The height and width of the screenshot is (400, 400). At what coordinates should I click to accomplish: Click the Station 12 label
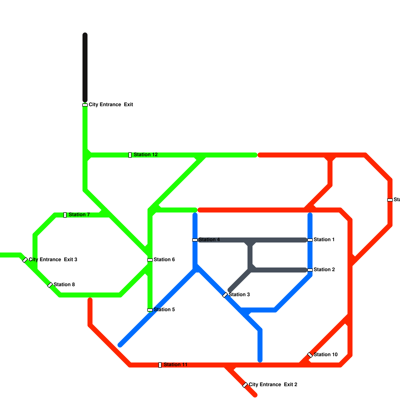coord(145,155)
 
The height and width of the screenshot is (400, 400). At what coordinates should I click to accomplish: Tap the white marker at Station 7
coord(65,215)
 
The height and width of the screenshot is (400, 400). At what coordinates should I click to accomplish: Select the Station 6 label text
coord(164,260)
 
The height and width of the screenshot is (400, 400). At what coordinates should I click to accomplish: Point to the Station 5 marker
coord(150,310)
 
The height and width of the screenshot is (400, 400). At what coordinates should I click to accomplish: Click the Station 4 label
coord(209,240)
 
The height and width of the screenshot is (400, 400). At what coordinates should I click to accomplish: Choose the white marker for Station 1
coord(310,240)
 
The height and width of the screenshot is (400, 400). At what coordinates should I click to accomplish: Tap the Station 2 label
coord(324,270)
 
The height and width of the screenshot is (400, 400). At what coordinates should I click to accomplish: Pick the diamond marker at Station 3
coord(225,295)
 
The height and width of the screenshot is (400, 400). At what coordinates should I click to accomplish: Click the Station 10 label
coord(325,355)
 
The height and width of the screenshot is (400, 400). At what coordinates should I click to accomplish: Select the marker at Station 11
coord(160,365)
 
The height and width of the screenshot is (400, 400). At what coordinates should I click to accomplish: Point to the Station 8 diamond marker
coord(50,285)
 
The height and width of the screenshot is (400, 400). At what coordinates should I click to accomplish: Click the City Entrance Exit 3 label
coord(53,260)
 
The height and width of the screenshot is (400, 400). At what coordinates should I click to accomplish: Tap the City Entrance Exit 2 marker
coord(245,385)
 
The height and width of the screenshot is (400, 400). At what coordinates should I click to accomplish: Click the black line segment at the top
coord(85,67)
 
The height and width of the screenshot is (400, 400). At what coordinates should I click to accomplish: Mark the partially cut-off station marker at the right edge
coord(390,200)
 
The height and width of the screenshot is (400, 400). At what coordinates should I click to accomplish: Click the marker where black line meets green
coord(85,105)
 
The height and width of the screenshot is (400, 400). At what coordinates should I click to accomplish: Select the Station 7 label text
coord(79,215)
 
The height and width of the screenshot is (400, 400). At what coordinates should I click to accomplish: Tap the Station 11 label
coord(175,365)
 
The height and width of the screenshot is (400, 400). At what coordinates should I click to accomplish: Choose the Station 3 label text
coord(239,295)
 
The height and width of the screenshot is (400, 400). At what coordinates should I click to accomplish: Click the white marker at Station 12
coord(130,155)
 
